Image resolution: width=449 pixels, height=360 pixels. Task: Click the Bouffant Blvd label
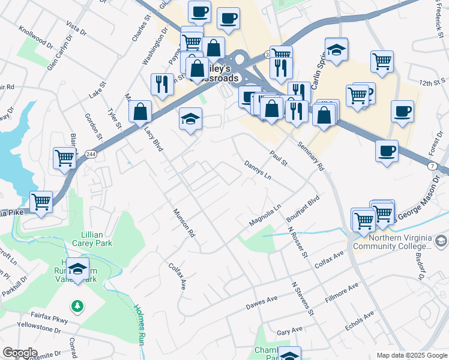click(x=306, y=208)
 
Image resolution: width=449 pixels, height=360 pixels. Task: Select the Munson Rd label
click(x=185, y=221)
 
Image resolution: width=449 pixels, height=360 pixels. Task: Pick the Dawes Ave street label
click(x=262, y=303)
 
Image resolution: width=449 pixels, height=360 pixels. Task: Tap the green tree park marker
click(x=77, y=307)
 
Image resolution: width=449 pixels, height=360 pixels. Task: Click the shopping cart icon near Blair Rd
click(x=64, y=158)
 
